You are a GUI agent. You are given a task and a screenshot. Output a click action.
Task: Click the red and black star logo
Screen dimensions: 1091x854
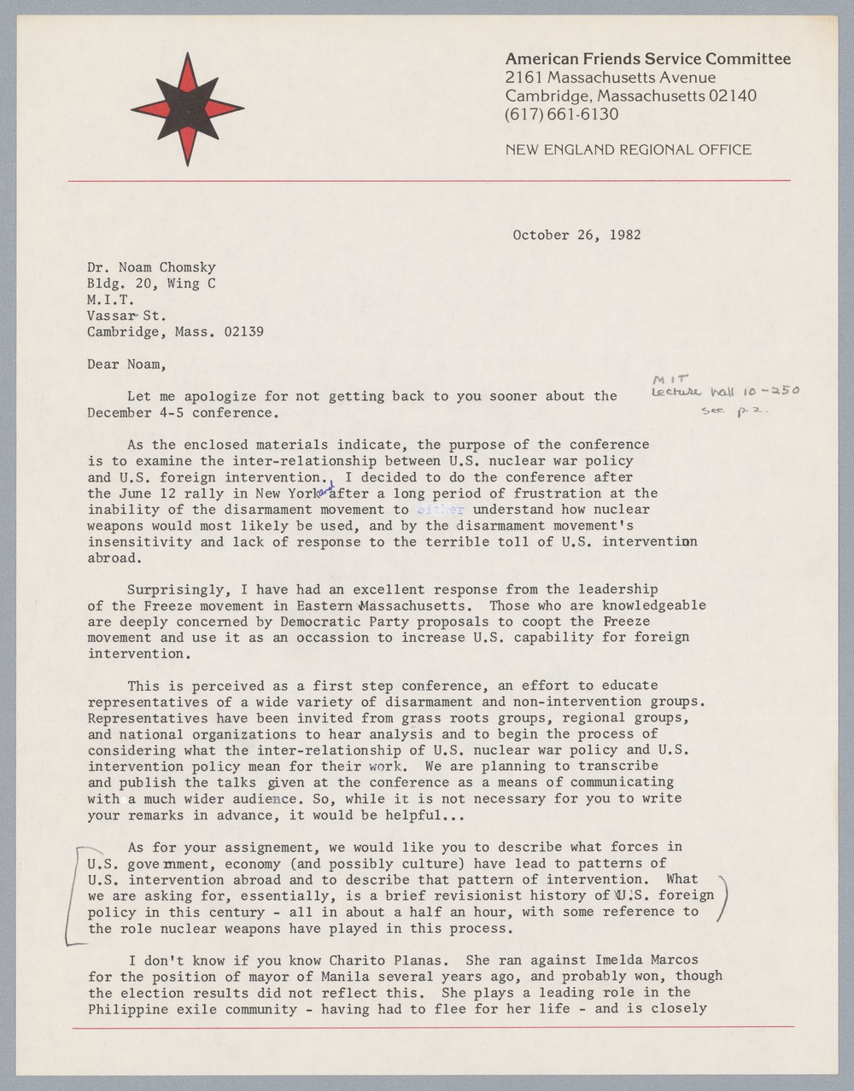pos(187,109)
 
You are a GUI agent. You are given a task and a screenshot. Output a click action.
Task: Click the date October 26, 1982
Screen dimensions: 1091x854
pos(576,235)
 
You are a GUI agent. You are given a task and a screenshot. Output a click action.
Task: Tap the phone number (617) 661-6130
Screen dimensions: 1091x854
pos(561,114)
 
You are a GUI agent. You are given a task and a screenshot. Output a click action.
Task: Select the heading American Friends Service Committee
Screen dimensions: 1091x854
pos(647,59)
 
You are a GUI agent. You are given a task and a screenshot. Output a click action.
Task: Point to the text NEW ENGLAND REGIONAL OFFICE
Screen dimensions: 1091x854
pos(628,150)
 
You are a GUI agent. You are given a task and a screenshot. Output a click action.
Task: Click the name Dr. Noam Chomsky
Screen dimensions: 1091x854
pos(151,267)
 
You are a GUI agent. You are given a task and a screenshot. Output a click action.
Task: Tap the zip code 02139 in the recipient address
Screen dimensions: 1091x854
pos(243,331)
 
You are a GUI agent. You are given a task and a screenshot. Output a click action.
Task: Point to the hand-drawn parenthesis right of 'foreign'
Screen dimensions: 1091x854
pos(724,898)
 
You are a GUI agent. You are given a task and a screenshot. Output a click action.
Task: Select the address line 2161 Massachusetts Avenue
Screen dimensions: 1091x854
pos(610,78)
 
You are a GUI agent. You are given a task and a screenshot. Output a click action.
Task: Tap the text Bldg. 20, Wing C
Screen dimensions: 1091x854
pos(150,283)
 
